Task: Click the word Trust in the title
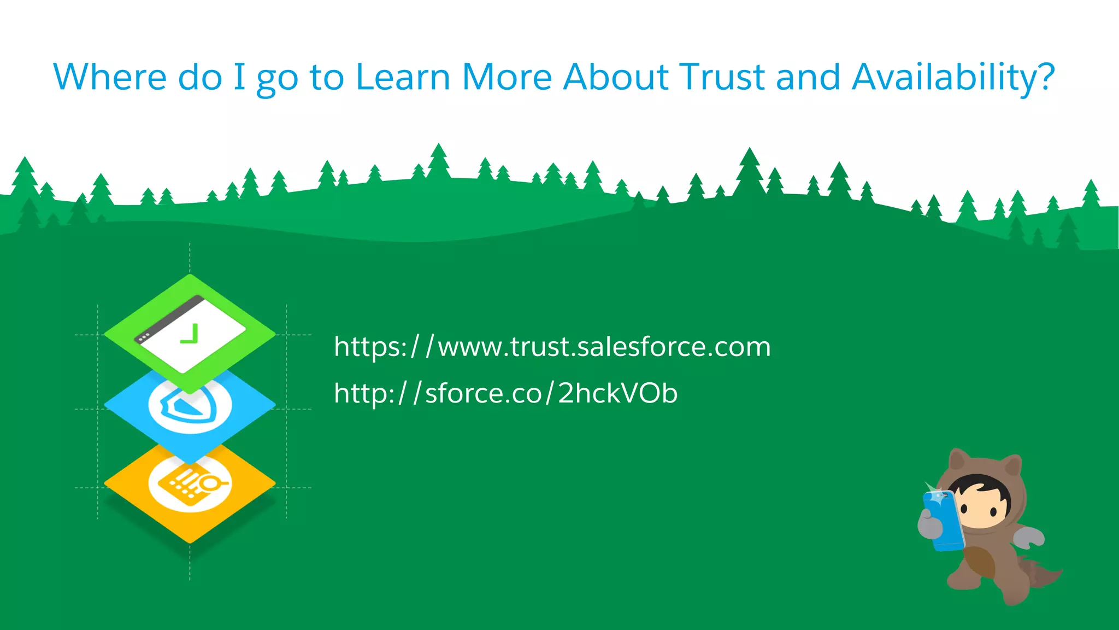[721, 77]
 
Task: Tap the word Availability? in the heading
[953, 78]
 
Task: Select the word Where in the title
[109, 77]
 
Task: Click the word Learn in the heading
[403, 77]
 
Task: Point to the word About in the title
[616, 77]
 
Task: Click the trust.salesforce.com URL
[552, 347]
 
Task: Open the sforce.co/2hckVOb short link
[505, 393]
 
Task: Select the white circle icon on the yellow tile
[190, 484]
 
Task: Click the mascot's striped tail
[1038, 574]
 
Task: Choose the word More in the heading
[507, 77]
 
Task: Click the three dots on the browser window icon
[144, 338]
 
